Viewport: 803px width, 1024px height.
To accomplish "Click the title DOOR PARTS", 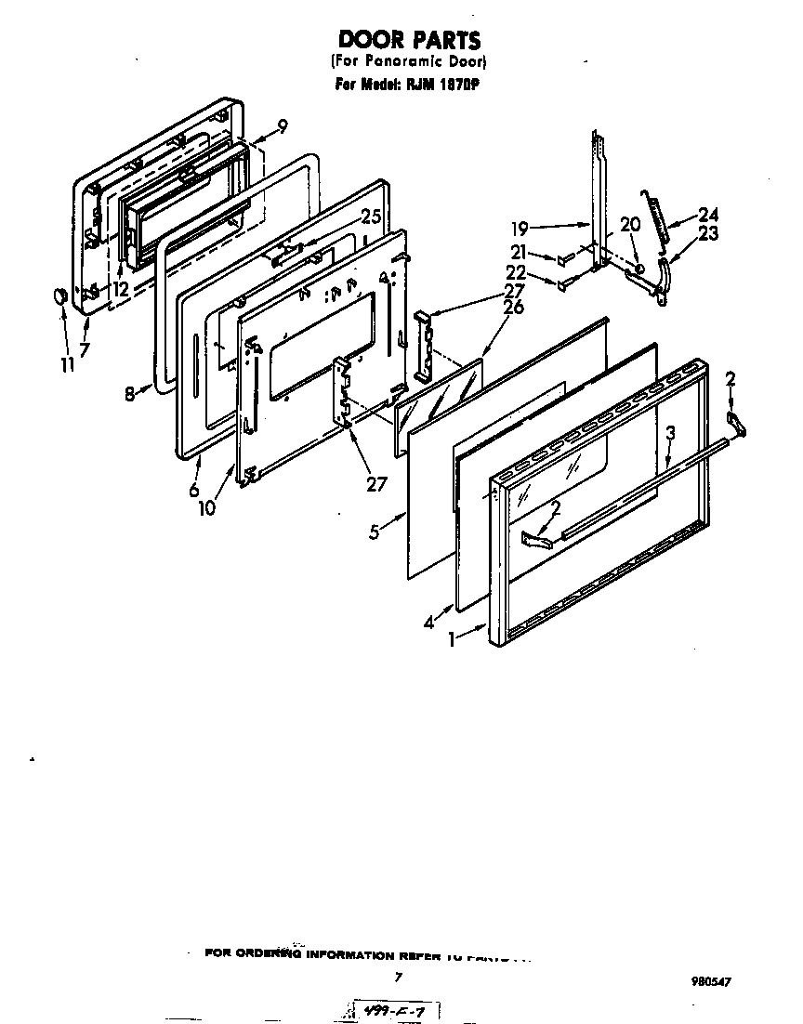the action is click(409, 40).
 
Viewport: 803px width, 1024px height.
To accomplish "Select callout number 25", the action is click(371, 217).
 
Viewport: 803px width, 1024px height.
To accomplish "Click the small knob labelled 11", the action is click(59, 295).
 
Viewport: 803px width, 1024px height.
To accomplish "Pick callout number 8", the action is click(131, 393).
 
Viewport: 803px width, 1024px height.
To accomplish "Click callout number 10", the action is click(205, 507).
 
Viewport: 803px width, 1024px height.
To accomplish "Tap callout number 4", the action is click(429, 624).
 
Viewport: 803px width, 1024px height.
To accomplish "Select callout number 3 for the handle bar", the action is click(670, 432).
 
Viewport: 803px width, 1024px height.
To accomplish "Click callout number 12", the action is click(122, 289).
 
